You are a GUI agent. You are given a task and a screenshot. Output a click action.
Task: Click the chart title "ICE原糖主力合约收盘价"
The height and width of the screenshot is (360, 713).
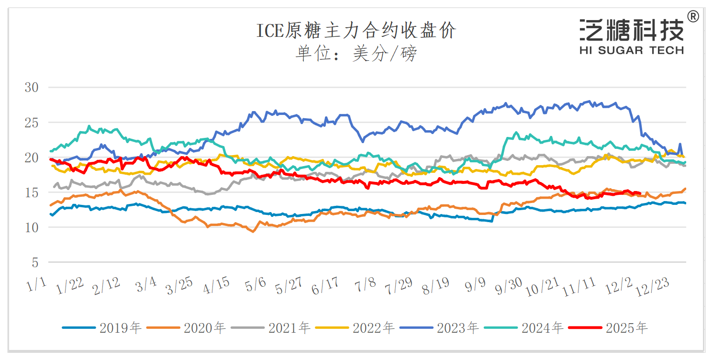(356, 31)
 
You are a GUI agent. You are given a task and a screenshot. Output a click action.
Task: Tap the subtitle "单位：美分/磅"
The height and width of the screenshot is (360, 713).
(356, 53)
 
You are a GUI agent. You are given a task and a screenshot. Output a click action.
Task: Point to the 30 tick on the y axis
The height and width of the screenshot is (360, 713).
(32, 88)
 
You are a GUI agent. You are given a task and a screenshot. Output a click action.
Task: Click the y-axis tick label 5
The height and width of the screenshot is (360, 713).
(35, 263)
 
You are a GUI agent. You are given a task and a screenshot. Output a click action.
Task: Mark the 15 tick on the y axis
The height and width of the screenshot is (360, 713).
(32, 193)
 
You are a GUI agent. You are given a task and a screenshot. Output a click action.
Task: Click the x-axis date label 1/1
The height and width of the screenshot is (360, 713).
(37, 285)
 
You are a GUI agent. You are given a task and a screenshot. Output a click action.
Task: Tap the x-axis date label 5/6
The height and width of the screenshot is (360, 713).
(256, 285)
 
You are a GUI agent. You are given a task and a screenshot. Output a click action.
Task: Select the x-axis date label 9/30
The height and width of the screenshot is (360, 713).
(508, 286)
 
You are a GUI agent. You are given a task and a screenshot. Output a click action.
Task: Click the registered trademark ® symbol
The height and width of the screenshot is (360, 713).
(692, 17)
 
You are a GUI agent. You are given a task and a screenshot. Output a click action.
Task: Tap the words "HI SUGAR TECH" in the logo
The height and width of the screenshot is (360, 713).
(631, 50)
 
